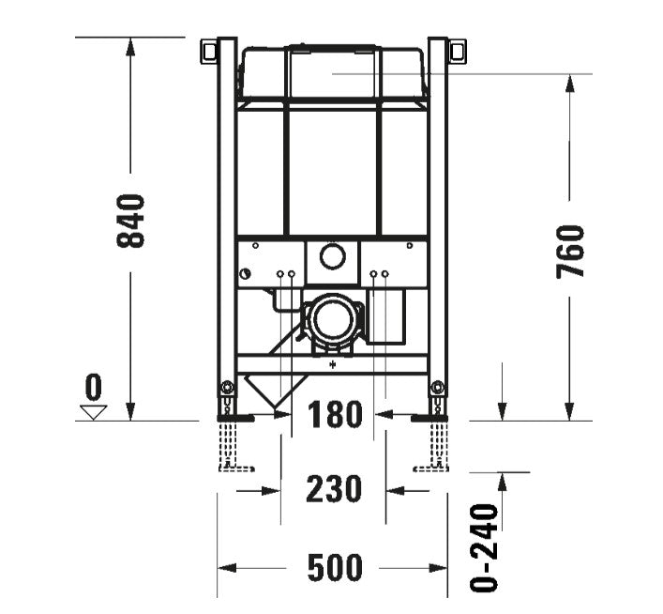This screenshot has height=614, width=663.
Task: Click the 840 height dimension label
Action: pos(130,221)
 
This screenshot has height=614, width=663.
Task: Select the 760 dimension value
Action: pos(570,251)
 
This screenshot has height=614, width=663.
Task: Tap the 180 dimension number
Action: pos(335,414)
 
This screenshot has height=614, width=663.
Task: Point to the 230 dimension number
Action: pos(335,489)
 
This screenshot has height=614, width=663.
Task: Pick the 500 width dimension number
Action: pos(335,568)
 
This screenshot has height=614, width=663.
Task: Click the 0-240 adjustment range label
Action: pos(483,547)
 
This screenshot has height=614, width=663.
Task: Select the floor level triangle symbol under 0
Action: pos(93,410)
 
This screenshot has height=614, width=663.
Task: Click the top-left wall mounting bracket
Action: pos(207,50)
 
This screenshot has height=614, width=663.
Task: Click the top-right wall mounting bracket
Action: pos(459,50)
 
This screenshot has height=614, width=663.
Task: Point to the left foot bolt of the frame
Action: pos(225,388)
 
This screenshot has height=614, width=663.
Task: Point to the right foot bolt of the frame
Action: pos(437,388)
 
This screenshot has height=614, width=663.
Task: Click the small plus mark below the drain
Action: pos(332,361)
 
